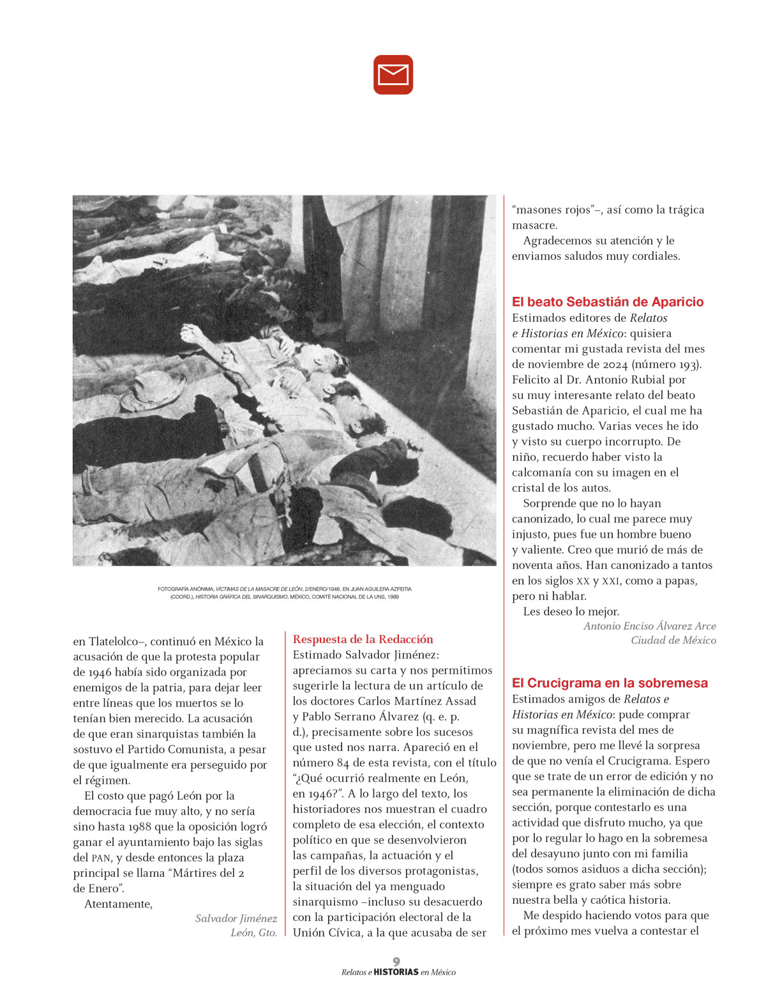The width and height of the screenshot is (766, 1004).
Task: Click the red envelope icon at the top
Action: pyautogui.click(x=393, y=75)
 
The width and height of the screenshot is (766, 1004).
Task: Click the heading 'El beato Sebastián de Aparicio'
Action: pyautogui.click(x=607, y=302)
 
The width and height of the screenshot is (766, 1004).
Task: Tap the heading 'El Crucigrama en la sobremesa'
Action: pyautogui.click(x=610, y=683)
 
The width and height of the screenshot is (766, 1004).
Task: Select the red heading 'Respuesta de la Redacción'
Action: pyautogui.click(x=363, y=639)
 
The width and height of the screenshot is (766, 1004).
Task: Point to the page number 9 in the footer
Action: pyautogui.click(x=396, y=961)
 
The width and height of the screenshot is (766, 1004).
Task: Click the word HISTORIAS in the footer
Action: pyautogui.click(x=396, y=972)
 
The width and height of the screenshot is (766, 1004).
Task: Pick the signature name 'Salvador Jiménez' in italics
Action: pyautogui.click(x=236, y=918)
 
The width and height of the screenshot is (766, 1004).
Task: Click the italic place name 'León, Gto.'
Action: pyautogui.click(x=253, y=932)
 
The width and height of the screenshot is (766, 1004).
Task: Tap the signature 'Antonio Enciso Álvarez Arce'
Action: pyautogui.click(x=649, y=626)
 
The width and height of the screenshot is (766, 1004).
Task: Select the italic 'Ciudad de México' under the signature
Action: pyautogui.click(x=673, y=640)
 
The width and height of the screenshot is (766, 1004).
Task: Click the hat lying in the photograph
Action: pyautogui.click(x=153, y=389)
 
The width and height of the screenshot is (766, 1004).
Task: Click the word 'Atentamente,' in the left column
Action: pyautogui.click(x=118, y=904)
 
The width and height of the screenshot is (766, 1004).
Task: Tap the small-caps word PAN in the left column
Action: pyautogui.click(x=100, y=858)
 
